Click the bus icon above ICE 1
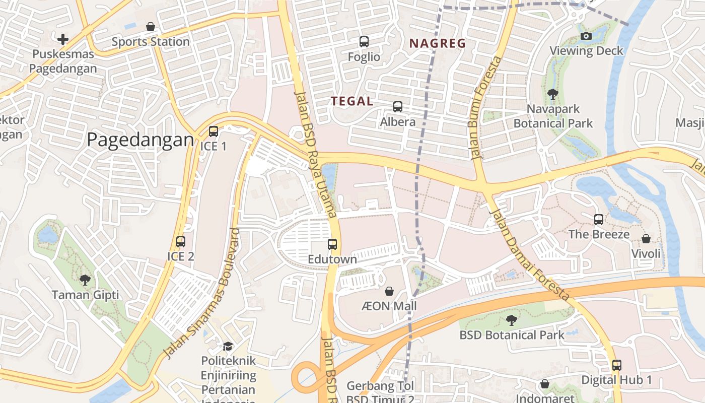214,131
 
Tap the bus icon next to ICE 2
181,242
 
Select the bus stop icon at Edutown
332,244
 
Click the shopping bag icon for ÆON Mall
389,291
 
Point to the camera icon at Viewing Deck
586,36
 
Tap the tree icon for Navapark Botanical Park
552,94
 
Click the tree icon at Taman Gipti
85,280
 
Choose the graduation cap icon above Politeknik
228,346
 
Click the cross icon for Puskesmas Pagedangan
63,39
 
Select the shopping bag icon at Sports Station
150,27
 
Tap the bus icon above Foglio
364,42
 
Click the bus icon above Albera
398,107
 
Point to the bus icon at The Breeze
599,220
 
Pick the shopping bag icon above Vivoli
646,238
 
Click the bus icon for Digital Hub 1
617,365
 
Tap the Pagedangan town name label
140,140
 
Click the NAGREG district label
438,44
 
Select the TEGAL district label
352,101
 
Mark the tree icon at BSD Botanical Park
512,320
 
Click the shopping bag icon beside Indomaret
545,384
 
